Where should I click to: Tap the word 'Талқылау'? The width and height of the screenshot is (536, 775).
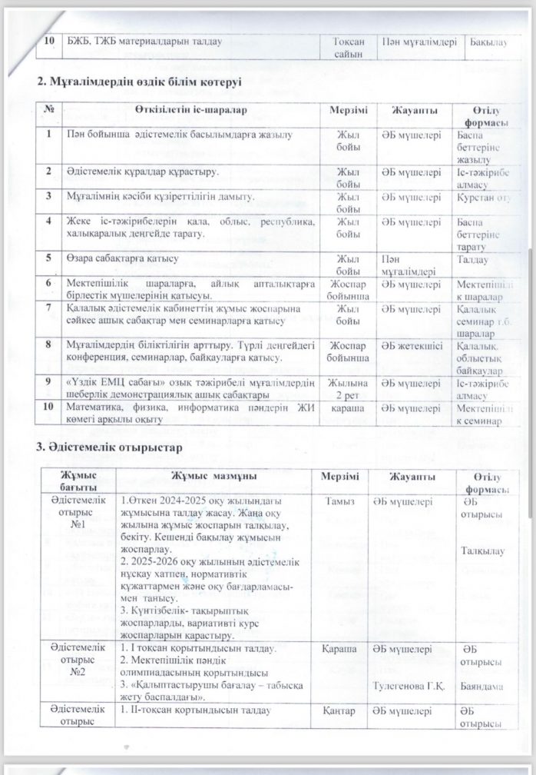(x=481, y=550)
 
